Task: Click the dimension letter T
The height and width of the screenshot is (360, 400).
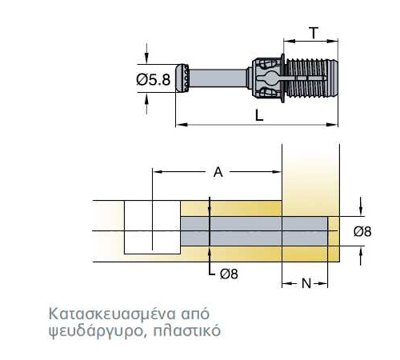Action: [314, 33]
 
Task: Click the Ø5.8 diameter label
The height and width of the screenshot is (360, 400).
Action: [153, 79]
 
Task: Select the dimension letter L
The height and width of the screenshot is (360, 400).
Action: [259, 116]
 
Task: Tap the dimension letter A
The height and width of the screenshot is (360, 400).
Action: [218, 172]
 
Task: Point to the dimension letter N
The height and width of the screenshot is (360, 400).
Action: [306, 283]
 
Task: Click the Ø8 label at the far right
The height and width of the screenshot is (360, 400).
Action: [362, 231]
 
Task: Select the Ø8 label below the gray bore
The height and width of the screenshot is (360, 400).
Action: [229, 274]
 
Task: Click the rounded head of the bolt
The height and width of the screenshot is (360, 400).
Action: [182, 78]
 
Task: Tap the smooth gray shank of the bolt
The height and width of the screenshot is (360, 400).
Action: [218, 78]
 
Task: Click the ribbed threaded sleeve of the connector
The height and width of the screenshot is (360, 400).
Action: [311, 78]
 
